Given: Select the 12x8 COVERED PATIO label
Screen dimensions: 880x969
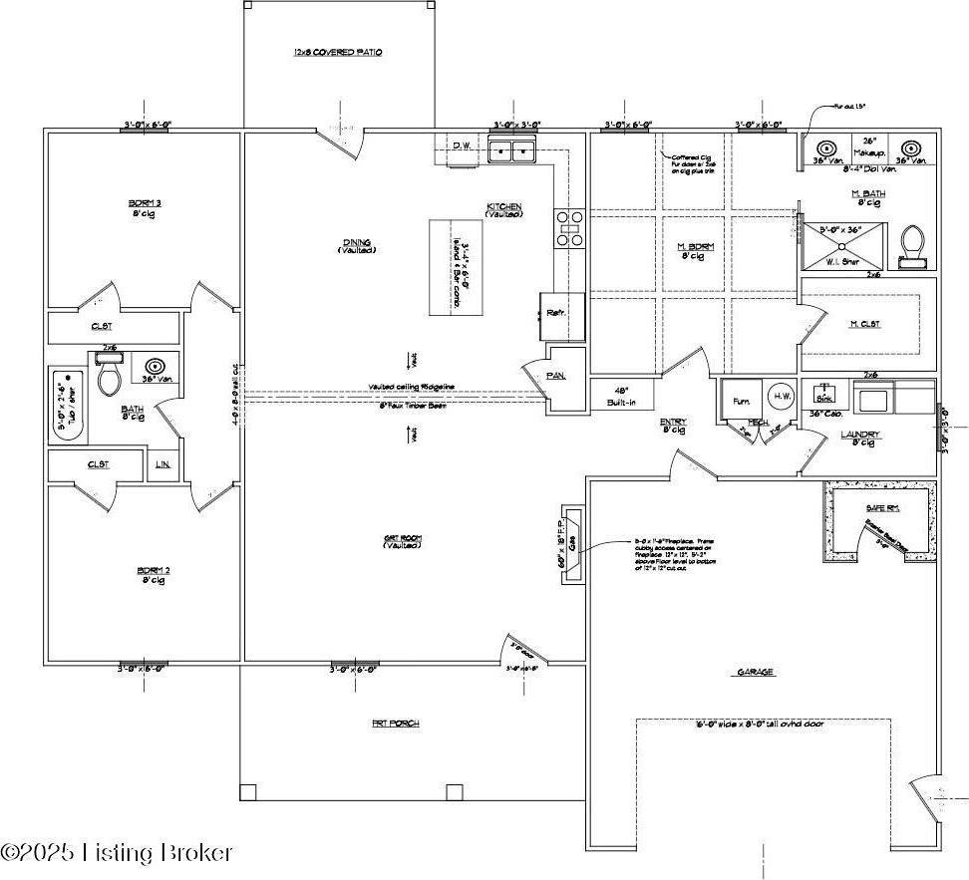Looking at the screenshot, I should coord(338,52).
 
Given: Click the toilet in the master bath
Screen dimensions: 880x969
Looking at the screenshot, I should coord(912,244).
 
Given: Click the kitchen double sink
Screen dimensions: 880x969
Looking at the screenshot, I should coord(512,150).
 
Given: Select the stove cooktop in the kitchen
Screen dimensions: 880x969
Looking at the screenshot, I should coord(570,227).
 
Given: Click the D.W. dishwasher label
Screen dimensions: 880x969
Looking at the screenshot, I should coord(461,147).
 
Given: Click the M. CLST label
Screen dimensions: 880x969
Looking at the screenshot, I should coord(863,324).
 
